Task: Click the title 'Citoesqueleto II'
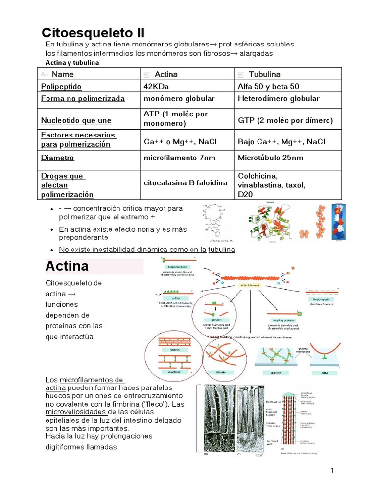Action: click(93, 33)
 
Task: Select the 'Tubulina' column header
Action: click(264, 74)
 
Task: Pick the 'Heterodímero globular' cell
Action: click(279, 99)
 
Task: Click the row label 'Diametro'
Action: click(58, 158)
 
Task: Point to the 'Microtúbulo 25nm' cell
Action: click(270, 158)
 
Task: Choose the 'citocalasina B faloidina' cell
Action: click(186, 183)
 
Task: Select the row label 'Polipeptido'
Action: click(61, 87)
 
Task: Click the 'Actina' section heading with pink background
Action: click(67, 266)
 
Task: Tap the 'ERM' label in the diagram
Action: click(325, 372)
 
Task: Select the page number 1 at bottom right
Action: click(332, 471)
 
